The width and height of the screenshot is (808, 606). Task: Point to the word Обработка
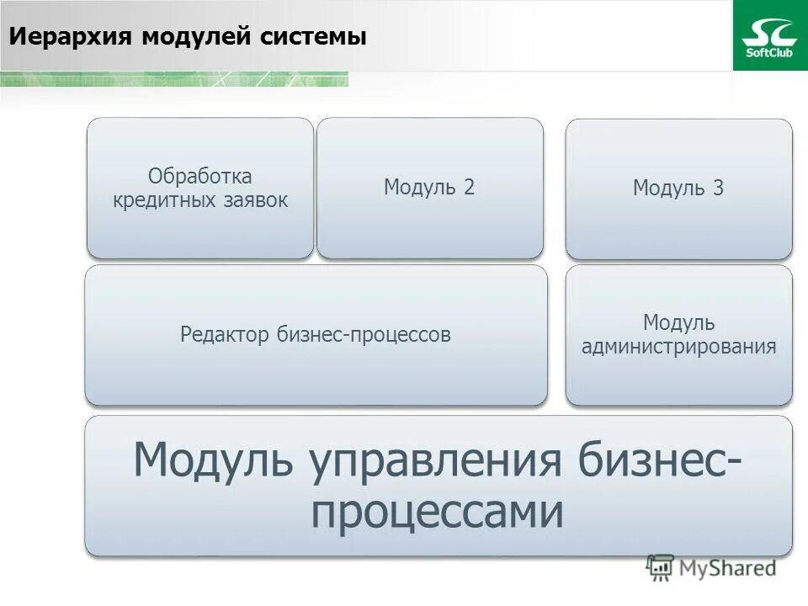pyautogui.click(x=200, y=177)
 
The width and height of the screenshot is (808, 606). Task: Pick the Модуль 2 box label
pyautogui.click(x=429, y=188)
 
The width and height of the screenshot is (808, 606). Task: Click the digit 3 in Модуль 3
pyautogui.click(x=718, y=189)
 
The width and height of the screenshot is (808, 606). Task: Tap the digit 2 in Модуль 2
pyautogui.click(x=469, y=188)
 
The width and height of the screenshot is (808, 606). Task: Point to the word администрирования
pyautogui.click(x=678, y=346)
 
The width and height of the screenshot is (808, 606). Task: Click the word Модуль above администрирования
pyautogui.click(x=678, y=322)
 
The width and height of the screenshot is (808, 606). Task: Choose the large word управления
pyautogui.click(x=443, y=461)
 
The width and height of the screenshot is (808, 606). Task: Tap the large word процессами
pyautogui.click(x=437, y=511)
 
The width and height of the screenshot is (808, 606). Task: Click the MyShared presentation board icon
pyautogui.click(x=661, y=568)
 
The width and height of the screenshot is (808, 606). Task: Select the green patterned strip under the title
pyautogui.click(x=173, y=79)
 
